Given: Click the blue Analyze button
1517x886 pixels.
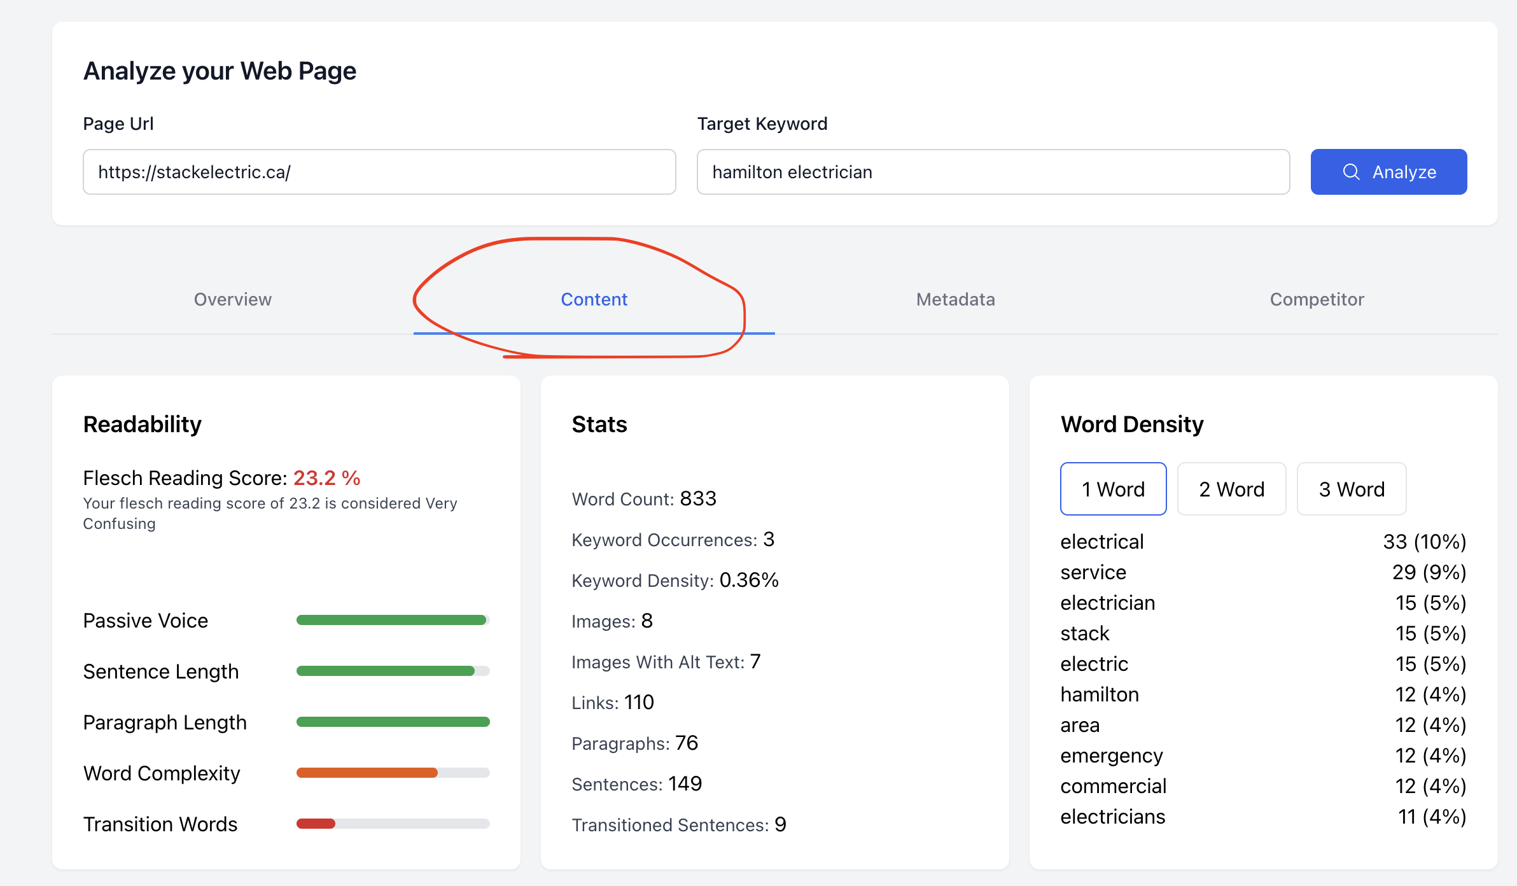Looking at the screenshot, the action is [x=1388, y=172].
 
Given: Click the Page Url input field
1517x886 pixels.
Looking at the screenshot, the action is [x=379, y=172].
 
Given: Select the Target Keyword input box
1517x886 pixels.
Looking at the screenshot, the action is [x=993, y=172].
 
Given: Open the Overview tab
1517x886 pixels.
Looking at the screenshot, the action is [x=233, y=299].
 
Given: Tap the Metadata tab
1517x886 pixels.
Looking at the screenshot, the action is [x=956, y=299].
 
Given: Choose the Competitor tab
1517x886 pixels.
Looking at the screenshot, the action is [x=1317, y=299].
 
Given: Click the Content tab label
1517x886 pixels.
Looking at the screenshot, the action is [x=594, y=299].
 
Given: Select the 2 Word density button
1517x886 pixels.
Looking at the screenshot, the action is [x=1232, y=489].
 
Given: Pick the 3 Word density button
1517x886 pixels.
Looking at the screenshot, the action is [x=1352, y=489].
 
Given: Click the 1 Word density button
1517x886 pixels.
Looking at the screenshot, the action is [x=1114, y=489].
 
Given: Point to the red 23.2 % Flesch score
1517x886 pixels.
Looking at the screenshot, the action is [x=327, y=478].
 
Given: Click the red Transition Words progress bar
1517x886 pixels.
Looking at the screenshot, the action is [x=316, y=824].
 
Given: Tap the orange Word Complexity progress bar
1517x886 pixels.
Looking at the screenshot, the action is [x=367, y=773].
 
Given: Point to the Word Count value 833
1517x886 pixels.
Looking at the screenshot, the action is [x=698, y=498].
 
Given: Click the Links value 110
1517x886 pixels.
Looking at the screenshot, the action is [x=639, y=702].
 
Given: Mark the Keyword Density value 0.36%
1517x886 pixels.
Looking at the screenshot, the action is [x=749, y=580].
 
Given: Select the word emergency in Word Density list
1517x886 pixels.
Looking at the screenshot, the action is [x=1112, y=756].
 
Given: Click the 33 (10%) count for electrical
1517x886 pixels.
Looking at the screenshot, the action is [x=1425, y=542].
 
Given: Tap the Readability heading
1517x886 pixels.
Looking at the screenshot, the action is [x=143, y=425].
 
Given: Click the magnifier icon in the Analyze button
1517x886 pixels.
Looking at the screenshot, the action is [x=1351, y=172].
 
